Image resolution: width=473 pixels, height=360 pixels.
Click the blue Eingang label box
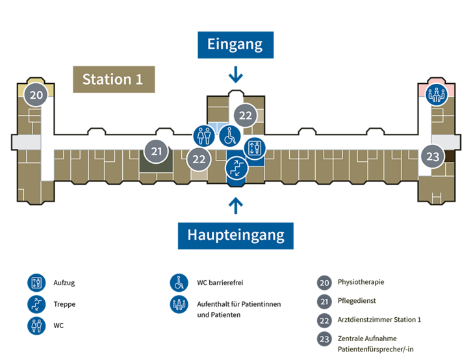(236, 45)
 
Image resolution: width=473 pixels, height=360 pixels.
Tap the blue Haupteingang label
(236, 236)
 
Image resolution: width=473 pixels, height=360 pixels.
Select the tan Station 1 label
(114, 79)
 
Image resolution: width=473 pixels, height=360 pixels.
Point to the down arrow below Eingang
(236, 75)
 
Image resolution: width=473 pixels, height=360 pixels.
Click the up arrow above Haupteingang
(236, 205)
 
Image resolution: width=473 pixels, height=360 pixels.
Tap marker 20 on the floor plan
(36, 95)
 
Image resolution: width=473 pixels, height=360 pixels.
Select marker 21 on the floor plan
(156, 151)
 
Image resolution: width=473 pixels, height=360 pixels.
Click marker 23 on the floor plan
(433, 157)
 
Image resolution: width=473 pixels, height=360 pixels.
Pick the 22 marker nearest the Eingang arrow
(245, 115)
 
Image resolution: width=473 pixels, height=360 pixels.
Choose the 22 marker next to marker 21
(199, 159)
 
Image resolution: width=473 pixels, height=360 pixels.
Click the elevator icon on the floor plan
(254, 148)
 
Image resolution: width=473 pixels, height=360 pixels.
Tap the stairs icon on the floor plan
(236, 168)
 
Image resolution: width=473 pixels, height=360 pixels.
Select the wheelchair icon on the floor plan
(230, 136)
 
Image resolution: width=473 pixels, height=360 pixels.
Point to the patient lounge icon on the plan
(436, 95)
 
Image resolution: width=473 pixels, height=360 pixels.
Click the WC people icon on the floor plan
(204, 136)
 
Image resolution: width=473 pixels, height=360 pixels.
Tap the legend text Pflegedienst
(357, 301)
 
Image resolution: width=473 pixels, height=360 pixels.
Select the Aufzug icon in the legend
(36, 283)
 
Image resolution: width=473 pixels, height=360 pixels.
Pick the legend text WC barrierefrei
(220, 283)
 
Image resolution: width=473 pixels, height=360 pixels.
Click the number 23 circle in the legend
(324, 339)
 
